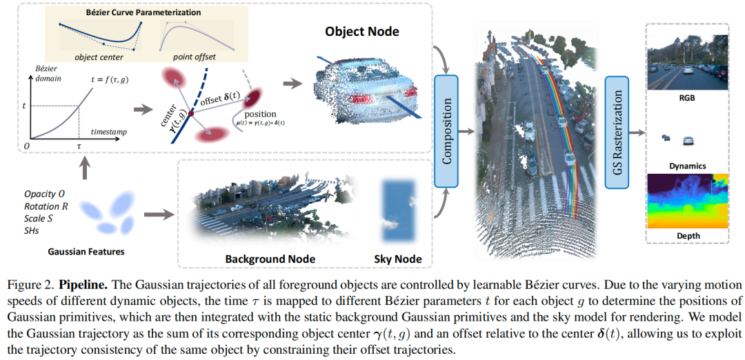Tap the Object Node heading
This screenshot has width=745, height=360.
[362, 32]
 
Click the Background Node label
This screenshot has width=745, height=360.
[270, 259]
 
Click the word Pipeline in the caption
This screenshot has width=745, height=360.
[81, 285]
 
